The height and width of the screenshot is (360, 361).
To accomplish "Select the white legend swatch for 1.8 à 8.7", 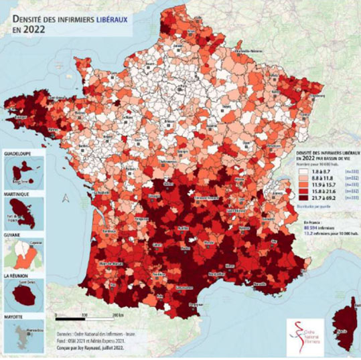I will (x=293, y=173).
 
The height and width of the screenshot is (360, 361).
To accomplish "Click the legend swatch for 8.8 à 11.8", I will (x=293, y=179).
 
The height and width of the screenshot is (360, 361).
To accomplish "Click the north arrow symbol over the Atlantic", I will (x=65, y=197).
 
